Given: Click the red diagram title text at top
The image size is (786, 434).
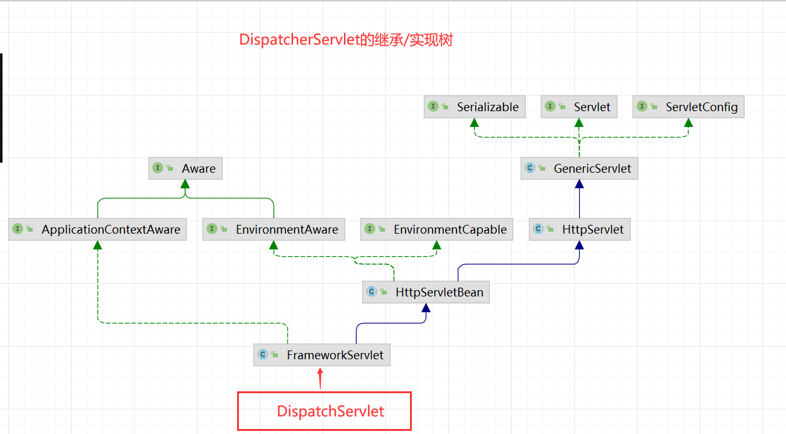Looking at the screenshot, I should pos(346,40).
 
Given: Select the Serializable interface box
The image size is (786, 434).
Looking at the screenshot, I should pos(475,107).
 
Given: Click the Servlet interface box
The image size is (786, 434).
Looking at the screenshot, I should pos(578,107).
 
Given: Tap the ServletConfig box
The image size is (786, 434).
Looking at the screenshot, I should pos(689,107).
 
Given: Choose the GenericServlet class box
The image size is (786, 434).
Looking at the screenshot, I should pos(579,168).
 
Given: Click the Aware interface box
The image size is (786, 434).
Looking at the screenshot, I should pos(185,168).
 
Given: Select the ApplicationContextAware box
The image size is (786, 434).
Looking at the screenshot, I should pos(97,229).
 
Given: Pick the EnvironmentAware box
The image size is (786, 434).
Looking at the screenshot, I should pos(274,229).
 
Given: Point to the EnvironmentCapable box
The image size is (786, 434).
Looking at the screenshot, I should pos(436,229).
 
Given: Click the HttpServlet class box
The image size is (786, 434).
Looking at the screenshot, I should pos(579,229).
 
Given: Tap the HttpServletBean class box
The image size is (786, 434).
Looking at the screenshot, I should pos(426,292).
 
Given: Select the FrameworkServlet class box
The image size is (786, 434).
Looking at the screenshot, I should pos(321,355).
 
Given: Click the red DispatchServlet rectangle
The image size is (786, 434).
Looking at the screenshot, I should pos(324,411).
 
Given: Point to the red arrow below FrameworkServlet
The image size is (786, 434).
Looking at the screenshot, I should pos(320,378).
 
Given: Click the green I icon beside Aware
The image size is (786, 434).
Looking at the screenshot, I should pos(158,168).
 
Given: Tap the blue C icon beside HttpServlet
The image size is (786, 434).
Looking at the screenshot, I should pos(538,229).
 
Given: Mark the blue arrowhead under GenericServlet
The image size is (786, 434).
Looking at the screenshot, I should pos(579,184).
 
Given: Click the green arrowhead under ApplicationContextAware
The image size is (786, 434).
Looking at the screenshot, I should pos(97,245).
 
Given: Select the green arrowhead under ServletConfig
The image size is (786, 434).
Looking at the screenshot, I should pos(688,122).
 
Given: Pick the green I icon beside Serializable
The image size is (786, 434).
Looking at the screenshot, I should pos(433,106).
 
